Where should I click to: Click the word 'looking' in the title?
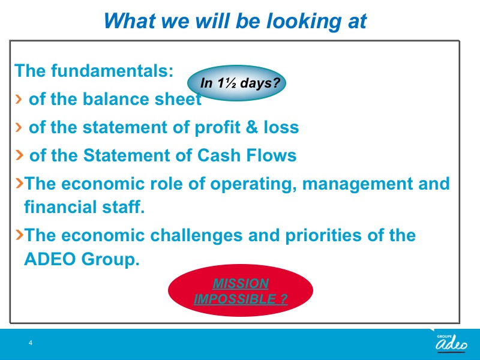click(304, 22)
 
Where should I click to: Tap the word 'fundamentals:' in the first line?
click(112, 71)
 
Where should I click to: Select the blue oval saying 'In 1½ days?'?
click(236, 83)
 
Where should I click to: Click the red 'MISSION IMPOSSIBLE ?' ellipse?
click(241, 290)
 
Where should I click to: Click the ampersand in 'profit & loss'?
click(251, 127)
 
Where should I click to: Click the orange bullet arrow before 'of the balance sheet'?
click(19, 99)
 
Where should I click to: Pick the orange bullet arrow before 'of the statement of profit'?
click(19, 127)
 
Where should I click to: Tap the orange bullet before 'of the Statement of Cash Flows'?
click(19, 155)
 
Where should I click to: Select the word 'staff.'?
click(123, 206)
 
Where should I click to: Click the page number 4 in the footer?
click(31, 343)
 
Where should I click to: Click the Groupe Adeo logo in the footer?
click(451, 343)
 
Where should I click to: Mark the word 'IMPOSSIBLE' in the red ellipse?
click(235, 299)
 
